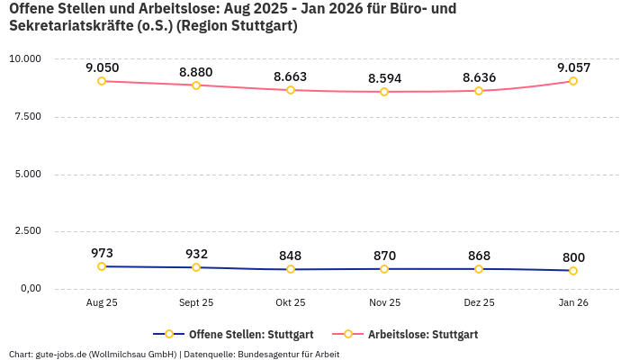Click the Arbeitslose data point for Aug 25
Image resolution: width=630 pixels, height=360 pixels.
click(102, 81)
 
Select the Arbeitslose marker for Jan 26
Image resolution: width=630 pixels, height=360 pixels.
click(573, 81)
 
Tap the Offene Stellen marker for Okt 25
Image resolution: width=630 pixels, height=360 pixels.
click(291, 269)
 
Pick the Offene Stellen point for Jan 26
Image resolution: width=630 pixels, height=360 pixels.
click(573, 271)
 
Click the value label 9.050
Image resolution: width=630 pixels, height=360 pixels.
click(102, 67)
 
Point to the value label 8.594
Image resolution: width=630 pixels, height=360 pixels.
click(384, 78)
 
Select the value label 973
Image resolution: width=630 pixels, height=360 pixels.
click(102, 253)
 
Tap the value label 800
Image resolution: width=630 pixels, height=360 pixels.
click(573, 257)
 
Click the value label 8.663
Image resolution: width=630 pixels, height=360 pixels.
click(291, 77)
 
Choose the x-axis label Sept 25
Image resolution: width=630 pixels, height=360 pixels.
click(196, 303)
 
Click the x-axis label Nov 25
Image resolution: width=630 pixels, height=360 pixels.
click(384, 303)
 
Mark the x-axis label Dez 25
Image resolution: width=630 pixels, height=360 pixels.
click(479, 303)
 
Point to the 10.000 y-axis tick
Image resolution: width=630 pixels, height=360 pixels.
click(25, 58)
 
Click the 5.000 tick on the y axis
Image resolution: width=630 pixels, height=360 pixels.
click(28, 174)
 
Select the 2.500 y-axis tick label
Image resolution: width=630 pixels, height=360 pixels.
click(28, 231)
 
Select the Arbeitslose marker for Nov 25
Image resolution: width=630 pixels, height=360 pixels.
click(384, 92)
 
